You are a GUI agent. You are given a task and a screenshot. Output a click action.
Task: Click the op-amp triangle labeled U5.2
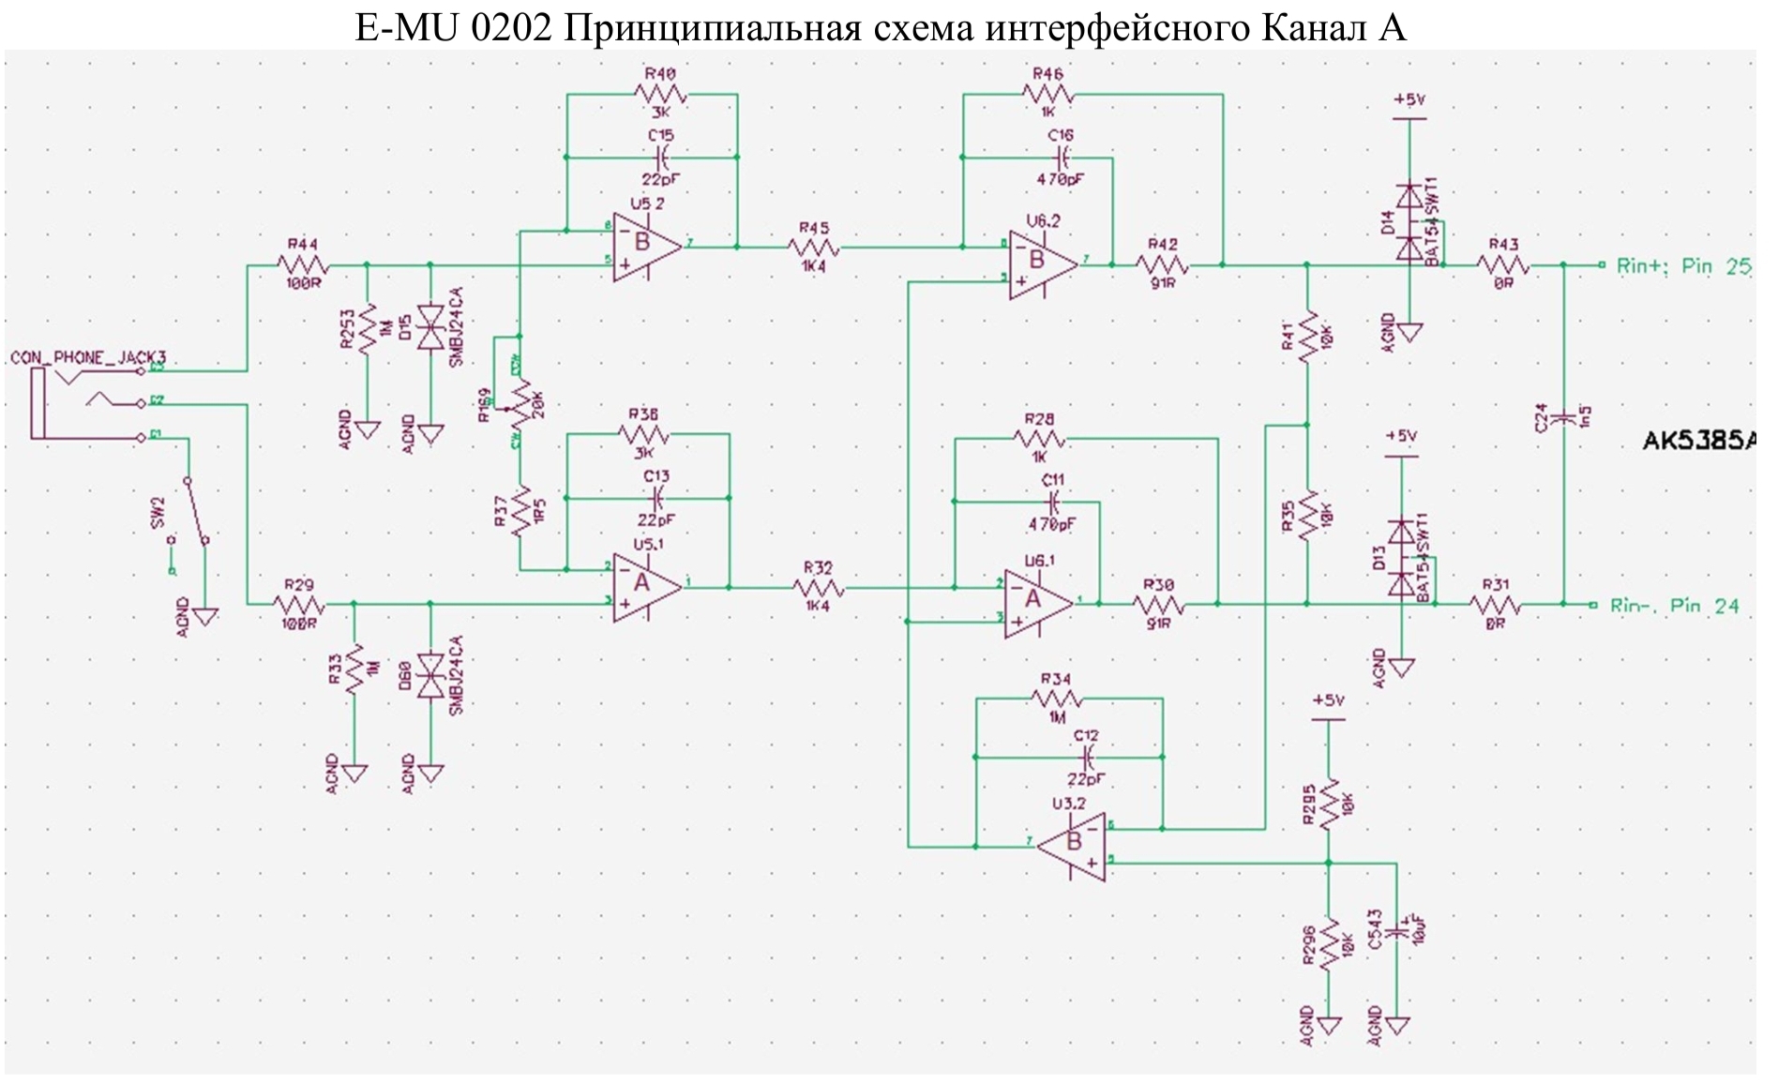pos(646,248)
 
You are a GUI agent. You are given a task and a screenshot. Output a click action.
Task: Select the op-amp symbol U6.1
pos(1037,604)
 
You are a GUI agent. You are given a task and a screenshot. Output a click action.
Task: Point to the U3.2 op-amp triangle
pos(1073,846)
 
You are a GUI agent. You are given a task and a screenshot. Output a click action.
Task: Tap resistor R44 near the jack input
pos(302,264)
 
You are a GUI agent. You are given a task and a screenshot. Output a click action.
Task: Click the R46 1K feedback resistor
pos(1047,94)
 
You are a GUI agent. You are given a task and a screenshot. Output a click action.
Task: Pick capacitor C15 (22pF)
pos(662,157)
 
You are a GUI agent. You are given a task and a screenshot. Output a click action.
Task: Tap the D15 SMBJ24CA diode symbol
pos(430,328)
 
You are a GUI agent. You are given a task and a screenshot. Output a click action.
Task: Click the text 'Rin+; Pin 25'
pos(1683,266)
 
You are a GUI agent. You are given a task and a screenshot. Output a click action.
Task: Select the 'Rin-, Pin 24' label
pos(1674,606)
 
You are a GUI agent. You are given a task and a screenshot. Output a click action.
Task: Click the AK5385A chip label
pos(1698,441)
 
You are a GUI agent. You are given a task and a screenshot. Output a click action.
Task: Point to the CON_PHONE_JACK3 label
pos(88,357)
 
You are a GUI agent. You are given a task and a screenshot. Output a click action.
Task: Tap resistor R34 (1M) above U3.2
pos(1057,699)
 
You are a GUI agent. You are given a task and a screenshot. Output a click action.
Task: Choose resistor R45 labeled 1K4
pos(814,248)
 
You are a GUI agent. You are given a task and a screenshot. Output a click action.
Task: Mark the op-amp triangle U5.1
pos(646,587)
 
